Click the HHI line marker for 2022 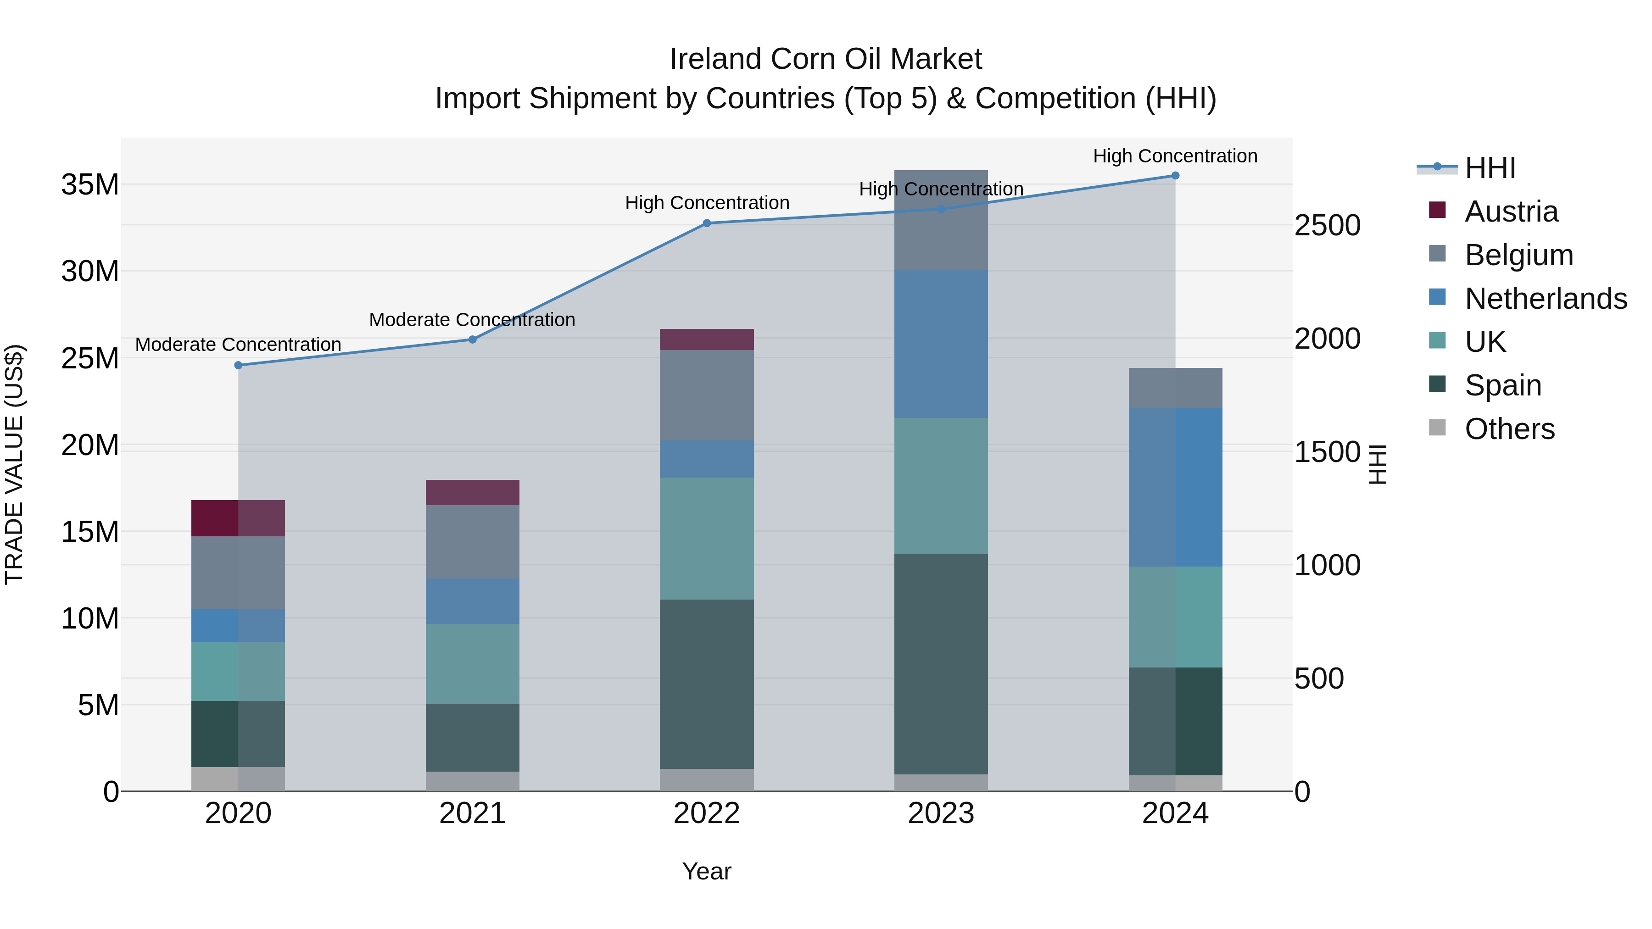click(707, 223)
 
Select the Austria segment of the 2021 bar click(473, 492)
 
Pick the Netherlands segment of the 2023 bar click(941, 344)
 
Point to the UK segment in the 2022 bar click(707, 539)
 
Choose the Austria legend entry click(1511, 211)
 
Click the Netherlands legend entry click(1546, 299)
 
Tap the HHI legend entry click(1490, 168)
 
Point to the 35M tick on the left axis click(90, 184)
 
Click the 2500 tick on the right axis click(1327, 226)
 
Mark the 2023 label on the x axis click(941, 813)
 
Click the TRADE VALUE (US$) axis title click(14, 464)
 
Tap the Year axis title click(707, 871)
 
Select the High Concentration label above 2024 click(1175, 156)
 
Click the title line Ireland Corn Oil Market click(826, 59)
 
